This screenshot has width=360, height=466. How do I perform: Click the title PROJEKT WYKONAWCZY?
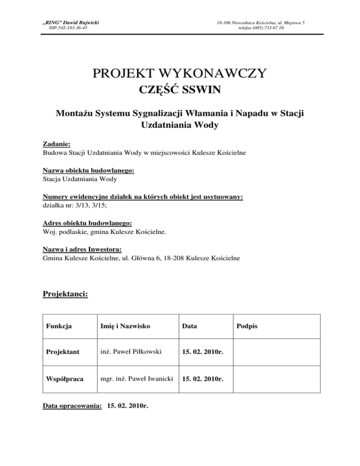pos(180,74)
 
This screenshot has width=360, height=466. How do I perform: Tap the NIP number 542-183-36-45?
pos(71,28)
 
